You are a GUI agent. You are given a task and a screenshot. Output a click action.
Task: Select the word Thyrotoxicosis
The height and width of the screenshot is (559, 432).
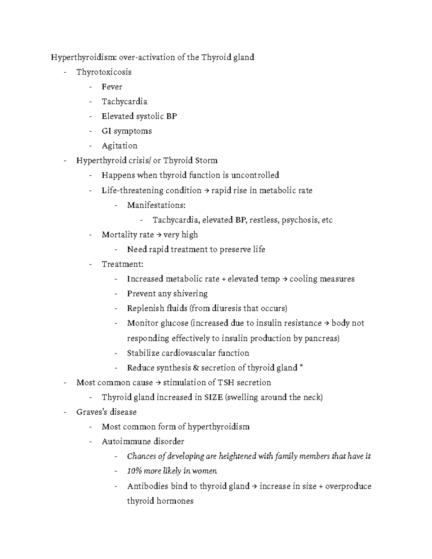pos(104,72)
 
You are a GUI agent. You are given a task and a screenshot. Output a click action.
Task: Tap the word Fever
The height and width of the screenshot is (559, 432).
pos(112,87)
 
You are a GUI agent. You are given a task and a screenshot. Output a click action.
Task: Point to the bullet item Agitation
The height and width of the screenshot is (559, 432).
pos(120,146)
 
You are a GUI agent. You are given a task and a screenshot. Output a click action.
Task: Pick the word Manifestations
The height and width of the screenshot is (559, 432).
pos(156,205)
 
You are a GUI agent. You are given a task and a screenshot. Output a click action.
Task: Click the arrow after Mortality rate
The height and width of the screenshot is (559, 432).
pos(158,235)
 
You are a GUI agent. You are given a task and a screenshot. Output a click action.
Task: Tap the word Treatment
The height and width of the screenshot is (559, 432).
pos(122,264)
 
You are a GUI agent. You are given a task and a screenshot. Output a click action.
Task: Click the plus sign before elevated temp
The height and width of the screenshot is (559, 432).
pos(224,279)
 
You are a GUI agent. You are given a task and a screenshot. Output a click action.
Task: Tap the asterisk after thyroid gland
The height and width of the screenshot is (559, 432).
pos(301,367)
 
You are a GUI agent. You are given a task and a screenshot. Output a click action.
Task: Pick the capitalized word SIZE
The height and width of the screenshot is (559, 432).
pos(213,397)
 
